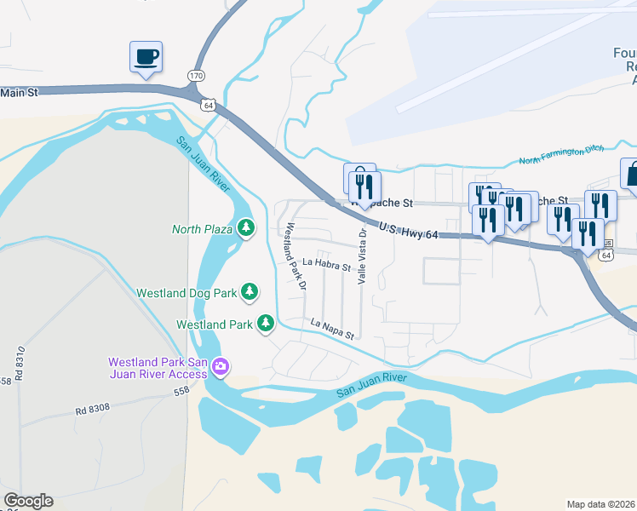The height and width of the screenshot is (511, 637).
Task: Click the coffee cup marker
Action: (146, 57)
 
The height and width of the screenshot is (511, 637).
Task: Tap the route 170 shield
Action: (196, 75)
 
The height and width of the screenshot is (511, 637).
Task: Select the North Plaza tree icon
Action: (246, 227)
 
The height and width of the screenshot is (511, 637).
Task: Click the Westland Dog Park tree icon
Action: (250, 292)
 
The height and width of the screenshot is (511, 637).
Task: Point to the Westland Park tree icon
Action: (266, 324)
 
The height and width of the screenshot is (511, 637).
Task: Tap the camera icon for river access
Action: (221, 367)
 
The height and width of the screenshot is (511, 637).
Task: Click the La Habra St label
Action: (327, 265)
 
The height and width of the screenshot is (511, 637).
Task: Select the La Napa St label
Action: (331, 330)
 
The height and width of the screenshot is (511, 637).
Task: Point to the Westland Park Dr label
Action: (296, 256)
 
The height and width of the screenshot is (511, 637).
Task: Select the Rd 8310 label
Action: (18, 363)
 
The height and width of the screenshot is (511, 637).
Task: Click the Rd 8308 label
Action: (92, 409)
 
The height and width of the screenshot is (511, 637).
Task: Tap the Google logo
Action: (28, 501)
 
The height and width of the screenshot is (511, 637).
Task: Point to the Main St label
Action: (20, 93)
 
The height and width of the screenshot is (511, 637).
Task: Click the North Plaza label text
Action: (202, 228)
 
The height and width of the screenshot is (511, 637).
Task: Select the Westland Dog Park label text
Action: (187, 293)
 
